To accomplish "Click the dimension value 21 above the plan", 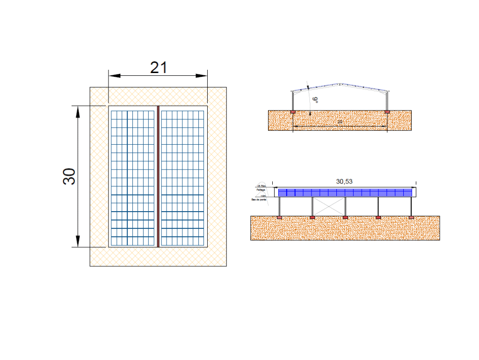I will [159, 67].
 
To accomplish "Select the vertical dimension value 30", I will [69, 176].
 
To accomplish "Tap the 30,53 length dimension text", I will [344, 181].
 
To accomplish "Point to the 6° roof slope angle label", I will [316, 99].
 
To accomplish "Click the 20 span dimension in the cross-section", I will [340, 122].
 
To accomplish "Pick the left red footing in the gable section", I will [293, 112].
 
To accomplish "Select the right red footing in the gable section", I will [387, 112].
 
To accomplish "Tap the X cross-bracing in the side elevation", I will [329, 206].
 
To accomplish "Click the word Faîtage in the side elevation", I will [261, 190].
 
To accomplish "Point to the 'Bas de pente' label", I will [259, 200].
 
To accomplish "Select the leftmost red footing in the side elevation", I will [279, 218].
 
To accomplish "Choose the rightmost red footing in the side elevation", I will [411, 218].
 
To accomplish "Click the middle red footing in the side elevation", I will [345, 218].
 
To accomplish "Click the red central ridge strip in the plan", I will [158, 176].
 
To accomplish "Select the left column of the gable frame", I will [293, 100].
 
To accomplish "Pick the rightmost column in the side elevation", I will [411, 206].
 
